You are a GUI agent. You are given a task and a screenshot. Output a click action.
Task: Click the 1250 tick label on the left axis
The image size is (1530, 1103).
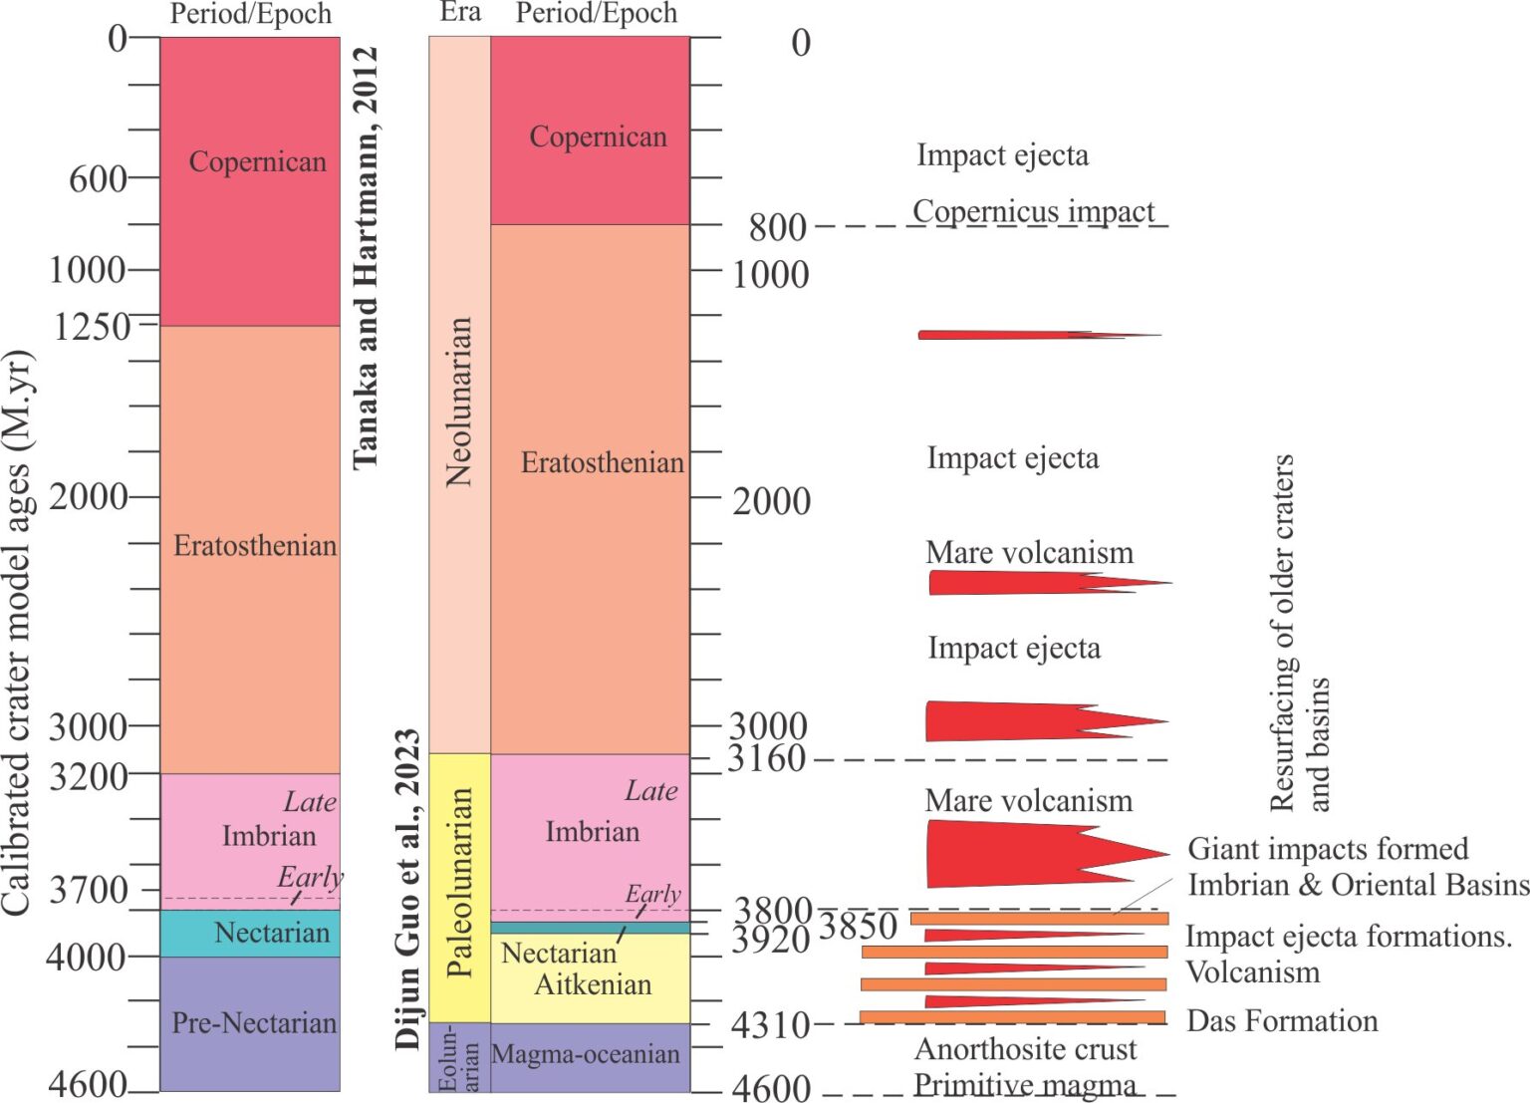(x=91, y=326)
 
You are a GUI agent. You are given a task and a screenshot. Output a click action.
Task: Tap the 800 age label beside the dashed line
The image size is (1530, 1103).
(x=777, y=227)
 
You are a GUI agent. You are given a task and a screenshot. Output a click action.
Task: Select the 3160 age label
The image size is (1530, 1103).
(x=766, y=759)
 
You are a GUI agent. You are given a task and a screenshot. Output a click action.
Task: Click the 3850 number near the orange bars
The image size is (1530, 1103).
(x=858, y=927)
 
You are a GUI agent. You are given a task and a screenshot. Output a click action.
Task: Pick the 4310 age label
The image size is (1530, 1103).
(x=770, y=1024)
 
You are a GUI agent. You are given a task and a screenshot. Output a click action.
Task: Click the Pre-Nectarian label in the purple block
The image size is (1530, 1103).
(x=254, y=1022)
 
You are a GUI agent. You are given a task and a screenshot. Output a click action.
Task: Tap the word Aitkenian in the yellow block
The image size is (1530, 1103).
(x=593, y=984)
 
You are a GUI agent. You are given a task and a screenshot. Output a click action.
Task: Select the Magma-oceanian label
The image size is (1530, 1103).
(x=586, y=1054)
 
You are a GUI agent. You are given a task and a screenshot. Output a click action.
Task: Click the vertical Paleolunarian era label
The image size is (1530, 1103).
(x=459, y=882)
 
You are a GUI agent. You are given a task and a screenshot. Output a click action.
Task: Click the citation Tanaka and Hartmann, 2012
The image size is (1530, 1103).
(x=366, y=256)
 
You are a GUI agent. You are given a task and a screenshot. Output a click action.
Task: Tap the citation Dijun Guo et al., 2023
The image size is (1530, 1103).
(x=407, y=888)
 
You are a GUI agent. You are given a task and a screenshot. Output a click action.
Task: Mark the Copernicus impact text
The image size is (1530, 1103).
(x=1033, y=211)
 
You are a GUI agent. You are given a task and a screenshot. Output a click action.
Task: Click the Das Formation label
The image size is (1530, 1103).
(x=1282, y=1020)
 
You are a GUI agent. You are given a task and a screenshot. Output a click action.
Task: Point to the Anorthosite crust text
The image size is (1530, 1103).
(x=1025, y=1049)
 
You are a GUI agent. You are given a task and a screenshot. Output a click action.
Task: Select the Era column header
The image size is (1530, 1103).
(x=460, y=12)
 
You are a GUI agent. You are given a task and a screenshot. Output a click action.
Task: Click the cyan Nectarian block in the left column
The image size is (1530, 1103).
(x=250, y=933)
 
